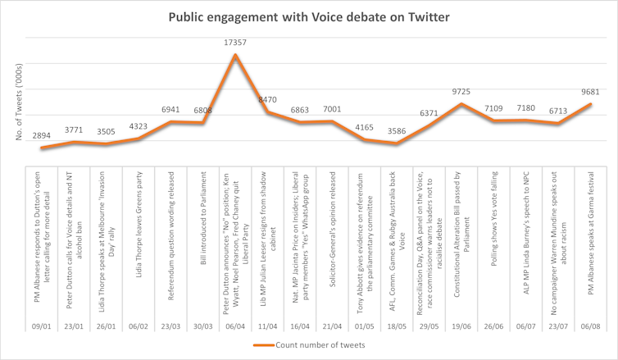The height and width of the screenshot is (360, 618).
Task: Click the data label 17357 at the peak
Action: tap(236, 43)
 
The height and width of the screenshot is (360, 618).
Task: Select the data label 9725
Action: tap(462, 92)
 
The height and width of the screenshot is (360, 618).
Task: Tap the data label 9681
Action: tap(590, 92)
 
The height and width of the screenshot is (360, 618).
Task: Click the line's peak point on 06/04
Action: tap(236, 55)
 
